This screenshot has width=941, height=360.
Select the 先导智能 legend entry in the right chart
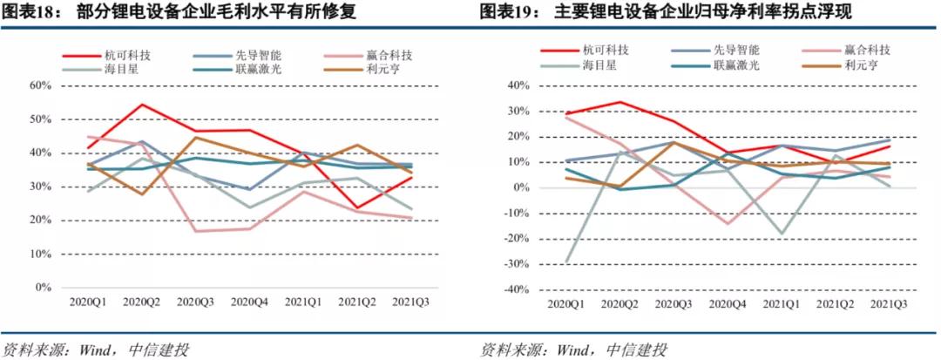tap(735, 49)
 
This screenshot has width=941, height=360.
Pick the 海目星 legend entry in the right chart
tap(600, 65)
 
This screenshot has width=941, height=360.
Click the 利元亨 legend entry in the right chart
tap(861, 65)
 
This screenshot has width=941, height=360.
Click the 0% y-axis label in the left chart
tap(45, 287)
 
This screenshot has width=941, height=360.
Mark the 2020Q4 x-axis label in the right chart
tap(726, 303)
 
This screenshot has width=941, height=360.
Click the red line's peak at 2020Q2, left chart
tap(141, 105)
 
